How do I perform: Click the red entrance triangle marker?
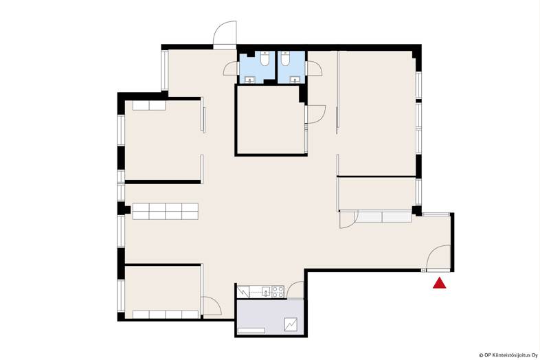pos(440,283)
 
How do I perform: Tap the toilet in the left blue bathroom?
pos(265,59)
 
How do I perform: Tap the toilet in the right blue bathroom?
pos(285,59)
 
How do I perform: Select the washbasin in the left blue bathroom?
pos(249,80)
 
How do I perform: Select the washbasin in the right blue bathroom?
pos(295,80)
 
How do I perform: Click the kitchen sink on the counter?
pos(266,292)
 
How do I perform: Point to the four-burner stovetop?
pos(278,292)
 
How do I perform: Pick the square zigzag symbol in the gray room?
pos(291,325)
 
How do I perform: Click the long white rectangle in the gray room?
pos(251,330)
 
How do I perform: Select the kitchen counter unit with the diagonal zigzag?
pos(243,292)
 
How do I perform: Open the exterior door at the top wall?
pos(225,34)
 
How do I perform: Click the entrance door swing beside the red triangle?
pos(438,258)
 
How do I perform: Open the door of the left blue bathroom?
pos(230,69)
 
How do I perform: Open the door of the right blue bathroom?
pos(313,69)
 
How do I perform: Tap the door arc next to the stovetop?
pos(295,290)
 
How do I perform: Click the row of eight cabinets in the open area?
pos(166,211)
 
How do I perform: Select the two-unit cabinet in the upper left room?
pos(149,105)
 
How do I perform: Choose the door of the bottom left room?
pos(212,306)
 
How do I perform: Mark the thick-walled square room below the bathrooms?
pos(271,120)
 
